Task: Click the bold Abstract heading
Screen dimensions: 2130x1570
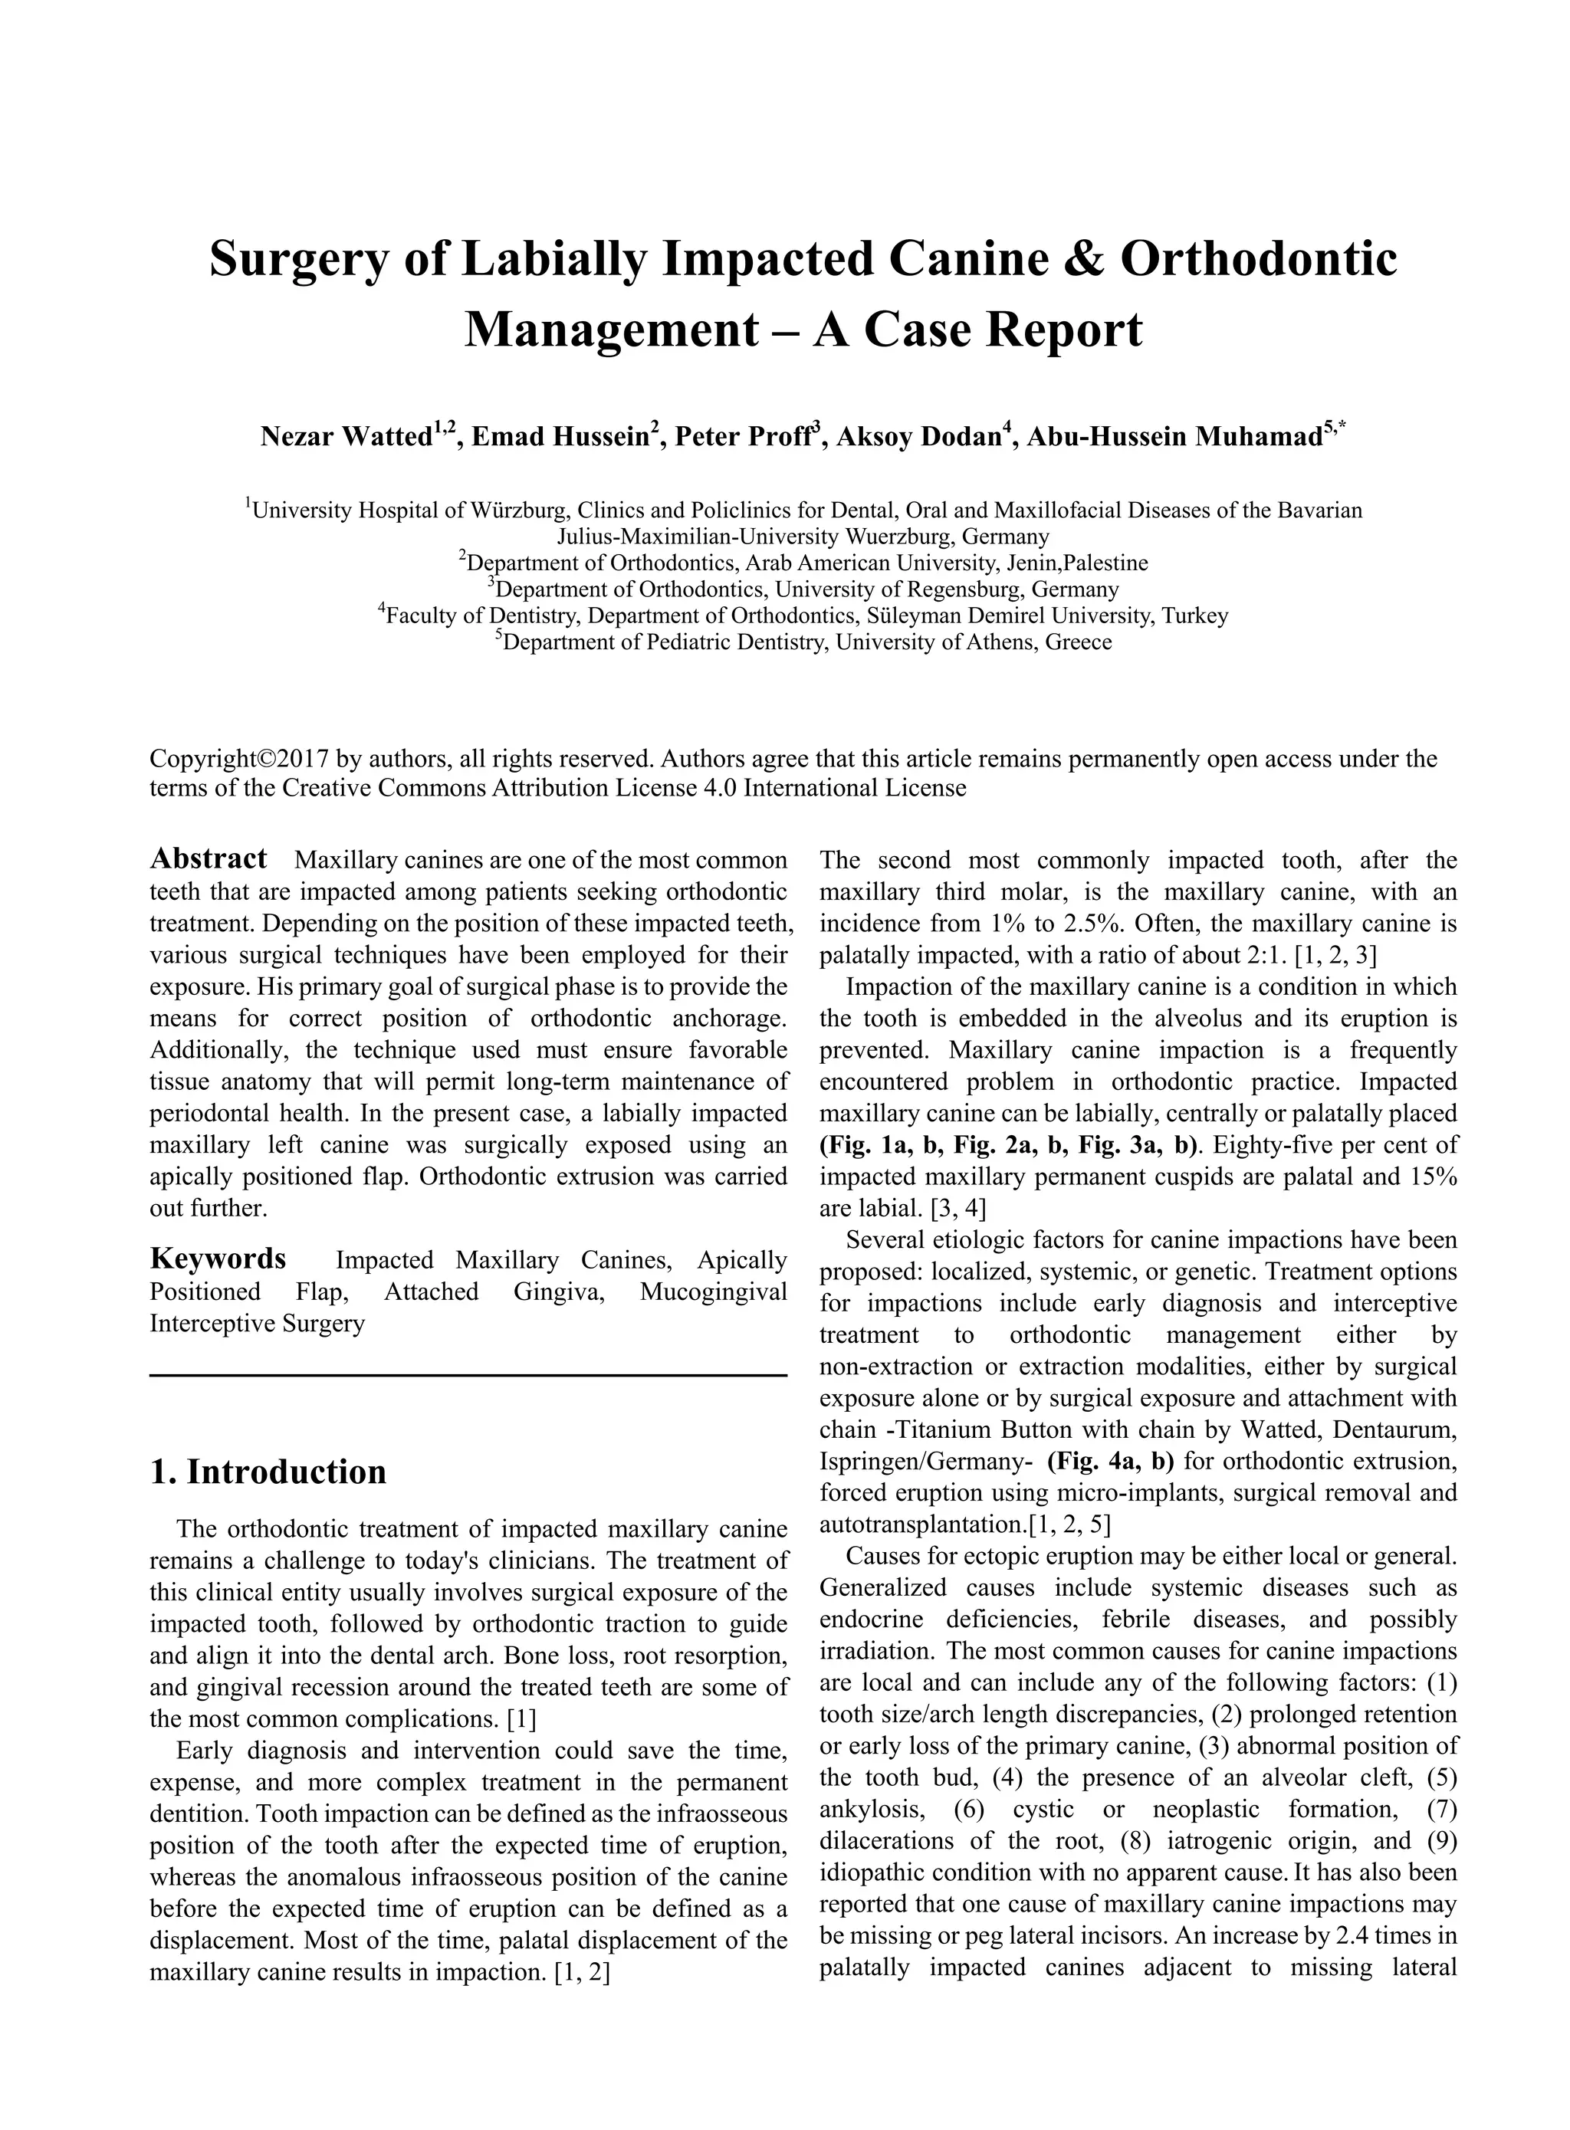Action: pyautogui.click(x=209, y=859)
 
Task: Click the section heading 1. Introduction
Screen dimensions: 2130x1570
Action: pyautogui.click(x=269, y=1472)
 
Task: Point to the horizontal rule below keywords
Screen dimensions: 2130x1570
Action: pyautogui.click(x=468, y=1376)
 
